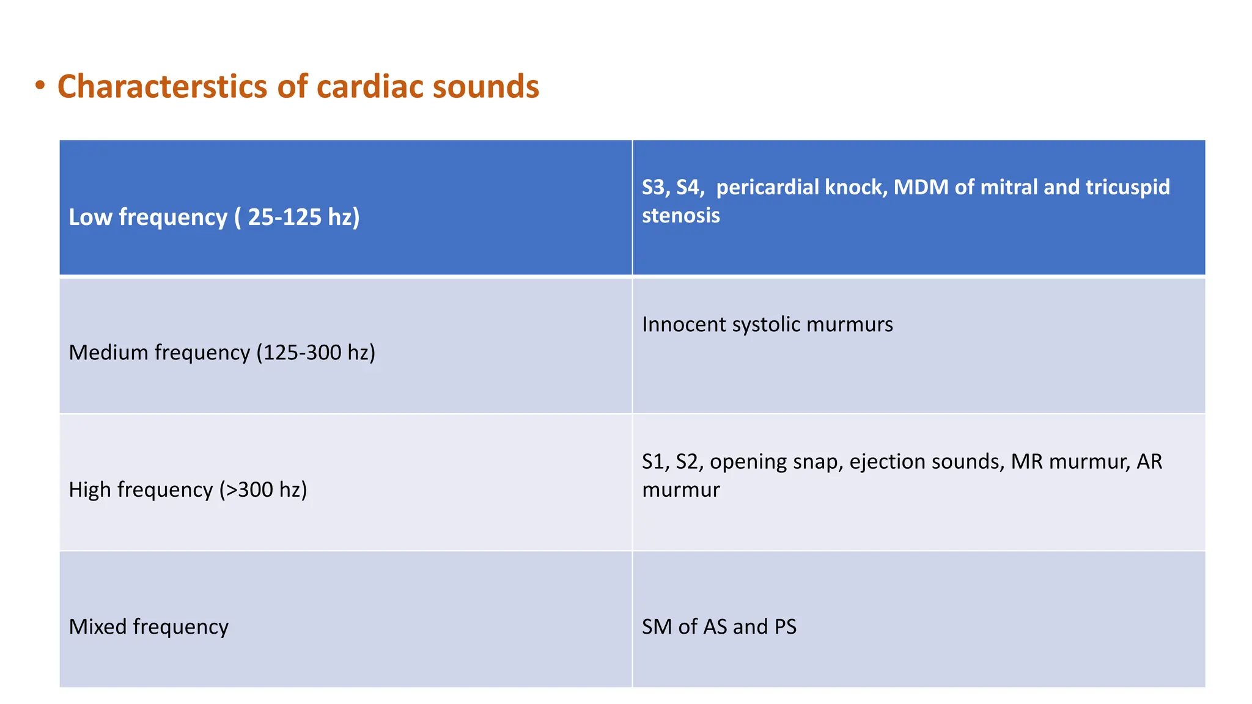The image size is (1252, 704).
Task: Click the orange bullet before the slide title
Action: [x=40, y=86]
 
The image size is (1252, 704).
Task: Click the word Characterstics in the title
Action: [x=162, y=86]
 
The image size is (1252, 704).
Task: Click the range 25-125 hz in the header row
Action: [x=303, y=217]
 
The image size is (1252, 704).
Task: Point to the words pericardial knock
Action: [x=801, y=187]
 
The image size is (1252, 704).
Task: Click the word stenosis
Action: [x=680, y=216]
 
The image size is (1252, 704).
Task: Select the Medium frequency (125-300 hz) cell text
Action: [x=222, y=353]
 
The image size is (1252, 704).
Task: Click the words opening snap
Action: [x=776, y=461]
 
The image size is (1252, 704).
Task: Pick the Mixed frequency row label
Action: [x=149, y=626]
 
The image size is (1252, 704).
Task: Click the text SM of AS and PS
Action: [x=719, y=626]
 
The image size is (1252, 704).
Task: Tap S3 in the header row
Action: [x=654, y=187]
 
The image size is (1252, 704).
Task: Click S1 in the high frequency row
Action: [x=654, y=461]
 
